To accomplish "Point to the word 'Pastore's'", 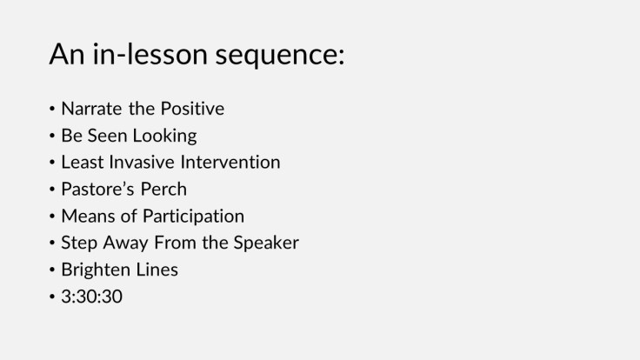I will tap(97, 190).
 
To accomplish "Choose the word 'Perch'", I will tap(161, 190).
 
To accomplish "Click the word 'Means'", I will tap(85, 216).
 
